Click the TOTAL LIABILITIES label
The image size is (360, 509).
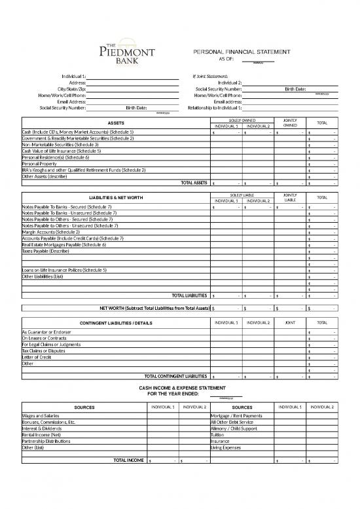point(190,295)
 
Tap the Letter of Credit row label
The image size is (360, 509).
point(38,358)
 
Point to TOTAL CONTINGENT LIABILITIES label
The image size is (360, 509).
point(175,376)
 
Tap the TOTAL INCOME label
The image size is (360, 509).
point(128,461)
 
